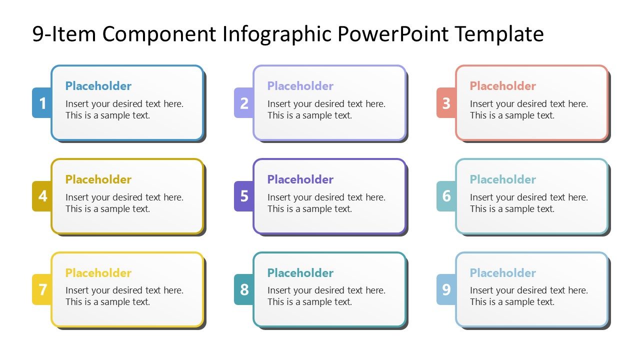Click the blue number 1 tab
[x=42, y=103]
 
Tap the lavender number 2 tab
[x=244, y=103]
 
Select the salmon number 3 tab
[x=446, y=103]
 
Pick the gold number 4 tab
[x=42, y=196]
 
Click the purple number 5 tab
[x=244, y=196]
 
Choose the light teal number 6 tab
[x=446, y=196]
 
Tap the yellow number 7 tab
[x=42, y=289]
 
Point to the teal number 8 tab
[x=244, y=289]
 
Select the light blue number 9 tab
[x=446, y=289]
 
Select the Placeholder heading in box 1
[x=98, y=86]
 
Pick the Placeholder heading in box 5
[x=300, y=179]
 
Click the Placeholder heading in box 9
[x=502, y=273]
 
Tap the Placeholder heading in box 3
[x=502, y=86]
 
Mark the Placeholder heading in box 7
[x=98, y=273]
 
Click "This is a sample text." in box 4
[x=107, y=209]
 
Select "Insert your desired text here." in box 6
[x=528, y=197]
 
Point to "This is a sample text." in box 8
[x=309, y=302]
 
